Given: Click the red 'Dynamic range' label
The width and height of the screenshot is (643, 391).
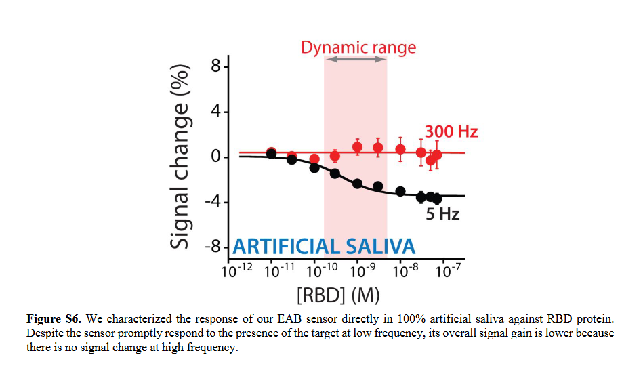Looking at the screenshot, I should click(x=358, y=47).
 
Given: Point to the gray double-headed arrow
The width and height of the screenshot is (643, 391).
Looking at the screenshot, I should click(x=356, y=60).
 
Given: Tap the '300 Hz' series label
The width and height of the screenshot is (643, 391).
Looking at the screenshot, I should click(x=451, y=131).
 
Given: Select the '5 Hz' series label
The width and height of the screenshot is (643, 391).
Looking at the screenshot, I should click(x=442, y=214).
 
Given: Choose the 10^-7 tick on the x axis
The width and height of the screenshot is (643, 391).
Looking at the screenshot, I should click(x=446, y=272).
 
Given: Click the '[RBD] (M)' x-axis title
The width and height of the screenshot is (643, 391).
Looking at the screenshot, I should click(x=337, y=295).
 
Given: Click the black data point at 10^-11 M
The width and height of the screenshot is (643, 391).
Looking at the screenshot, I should click(x=271, y=154).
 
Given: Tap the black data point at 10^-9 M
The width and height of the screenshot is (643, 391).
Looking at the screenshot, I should click(x=358, y=184).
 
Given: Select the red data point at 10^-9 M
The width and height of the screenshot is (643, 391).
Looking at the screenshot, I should click(x=358, y=147).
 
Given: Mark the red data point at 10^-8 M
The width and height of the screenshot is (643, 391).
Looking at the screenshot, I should click(x=400, y=149).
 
